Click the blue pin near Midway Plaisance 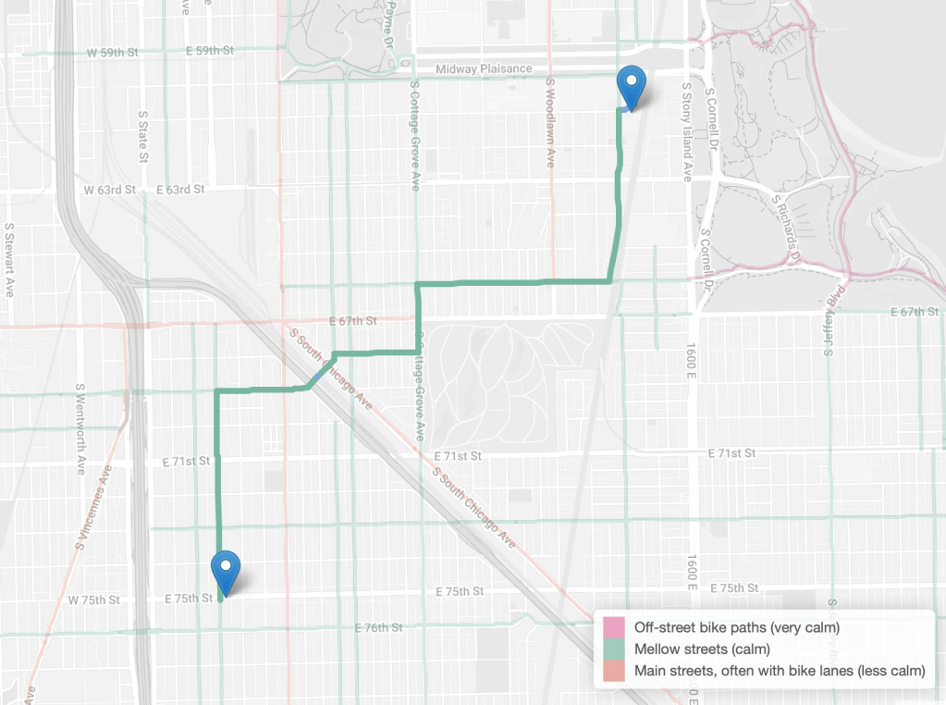click(x=632, y=86)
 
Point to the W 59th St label click(x=110, y=53)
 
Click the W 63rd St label click(x=110, y=190)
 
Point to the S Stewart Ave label click(x=9, y=259)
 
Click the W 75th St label click(x=94, y=600)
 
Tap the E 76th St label click(x=379, y=628)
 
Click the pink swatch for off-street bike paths click(x=614, y=629)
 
